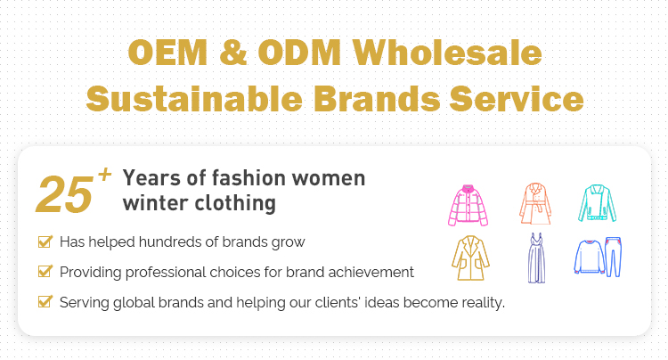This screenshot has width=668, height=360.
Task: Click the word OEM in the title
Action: click(x=167, y=53)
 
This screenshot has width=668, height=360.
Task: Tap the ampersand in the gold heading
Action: click(x=233, y=53)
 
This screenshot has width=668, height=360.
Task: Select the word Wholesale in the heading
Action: click(x=447, y=52)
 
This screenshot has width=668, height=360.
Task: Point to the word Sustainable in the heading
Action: click(x=195, y=98)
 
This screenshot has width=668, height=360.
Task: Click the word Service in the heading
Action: click(x=517, y=98)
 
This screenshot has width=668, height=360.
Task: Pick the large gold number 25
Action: click(x=64, y=194)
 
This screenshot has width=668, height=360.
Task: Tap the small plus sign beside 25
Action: click(x=104, y=175)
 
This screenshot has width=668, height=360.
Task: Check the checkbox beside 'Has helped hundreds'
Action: click(x=45, y=241)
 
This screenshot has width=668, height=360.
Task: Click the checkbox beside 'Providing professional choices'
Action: click(x=45, y=272)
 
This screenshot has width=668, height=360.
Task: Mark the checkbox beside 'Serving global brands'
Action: click(x=45, y=301)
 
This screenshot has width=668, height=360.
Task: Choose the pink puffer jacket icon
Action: click(x=468, y=205)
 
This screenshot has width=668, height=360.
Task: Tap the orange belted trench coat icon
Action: click(x=535, y=203)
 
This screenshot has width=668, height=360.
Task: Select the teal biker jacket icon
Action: click(x=597, y=203)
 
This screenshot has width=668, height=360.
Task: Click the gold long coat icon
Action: click(x=470, y=258)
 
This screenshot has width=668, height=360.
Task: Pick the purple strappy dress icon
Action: click(x=536, y=258)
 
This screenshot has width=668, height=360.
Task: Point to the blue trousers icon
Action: click(x=613, y=257)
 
